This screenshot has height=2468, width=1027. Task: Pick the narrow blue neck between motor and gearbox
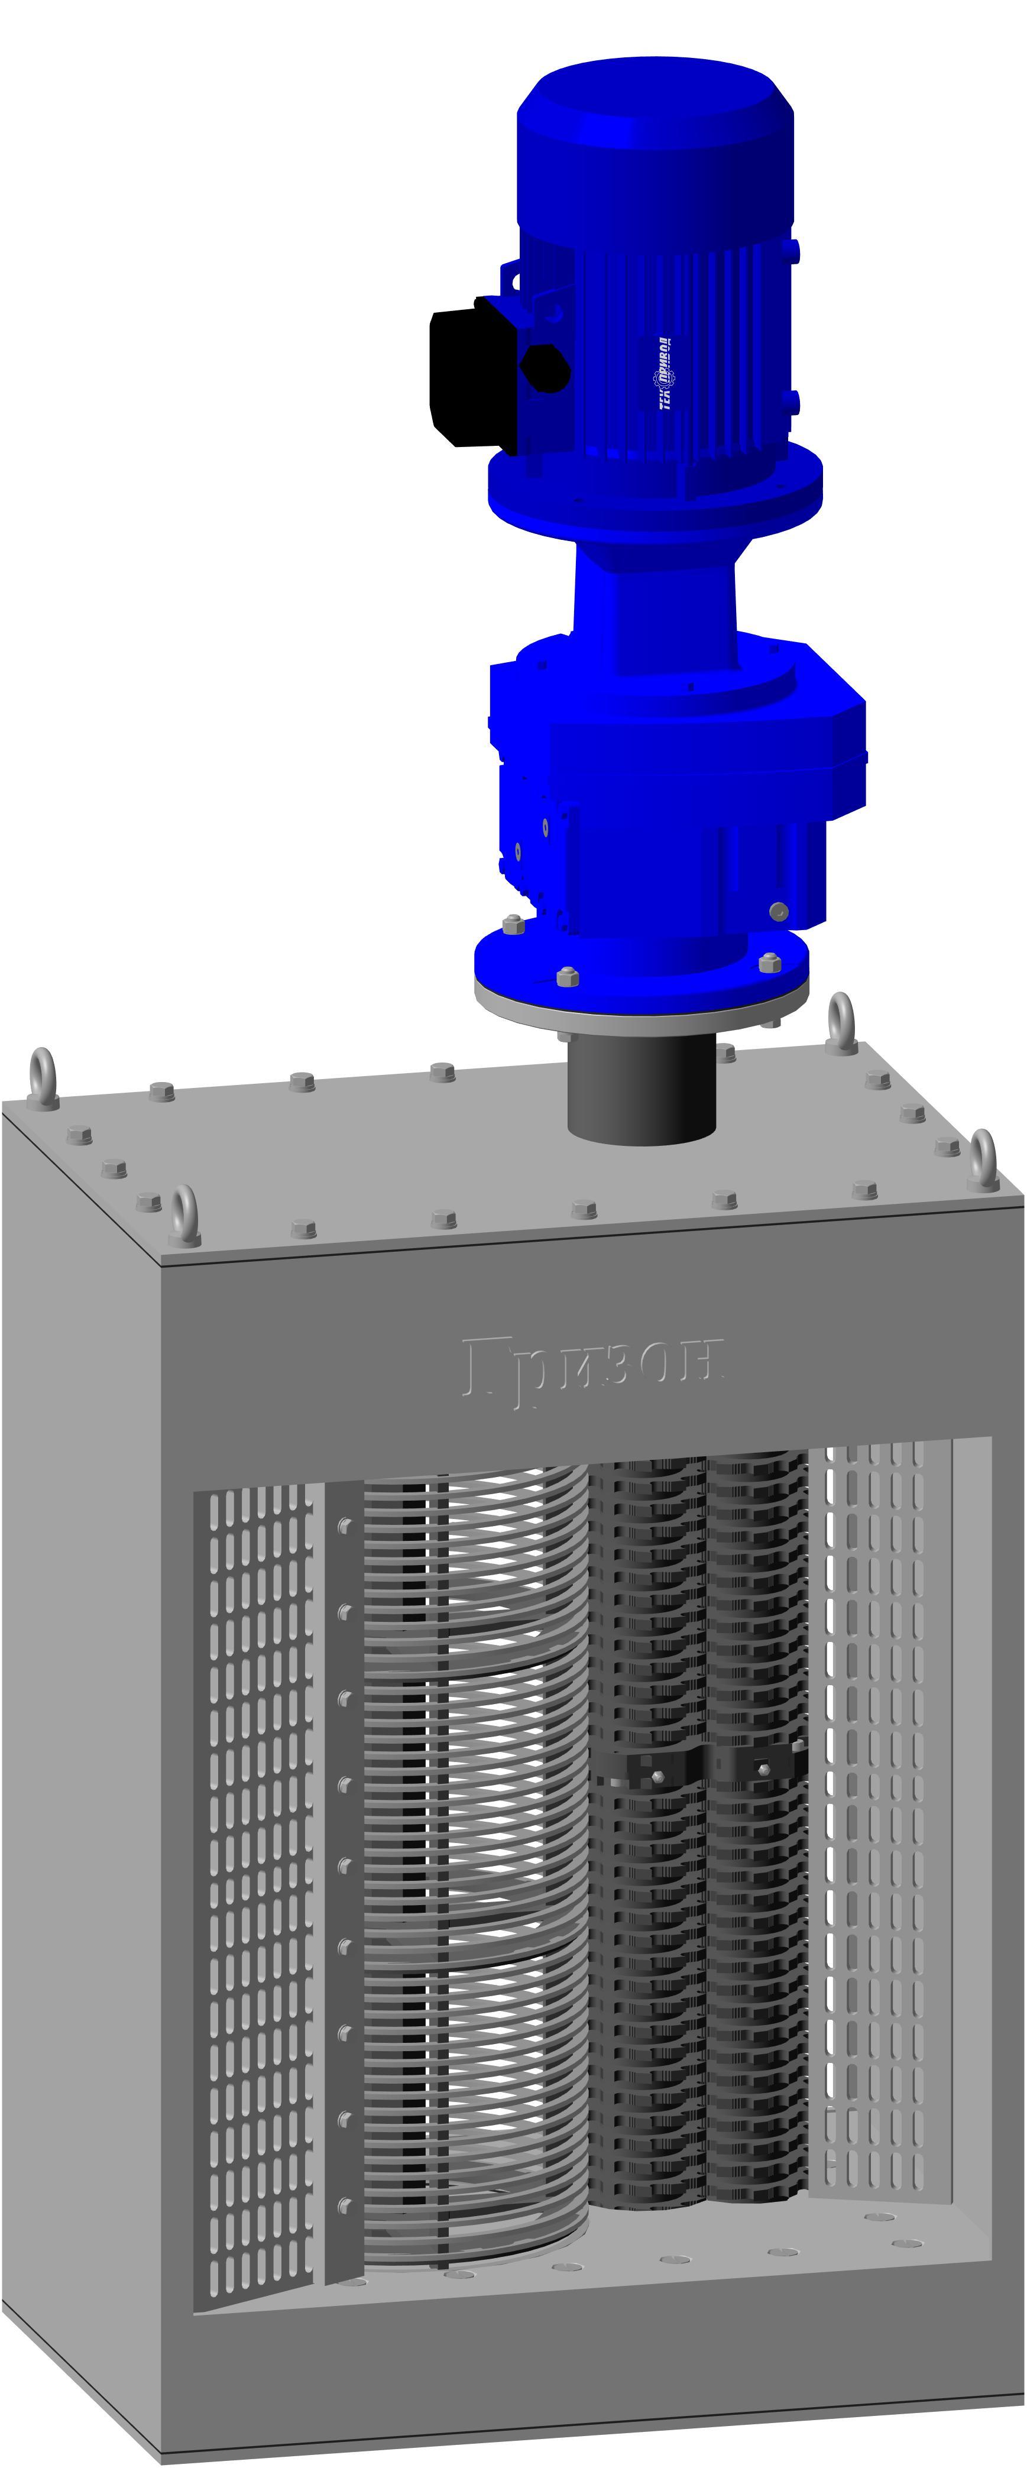click(x=655, y=599)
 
